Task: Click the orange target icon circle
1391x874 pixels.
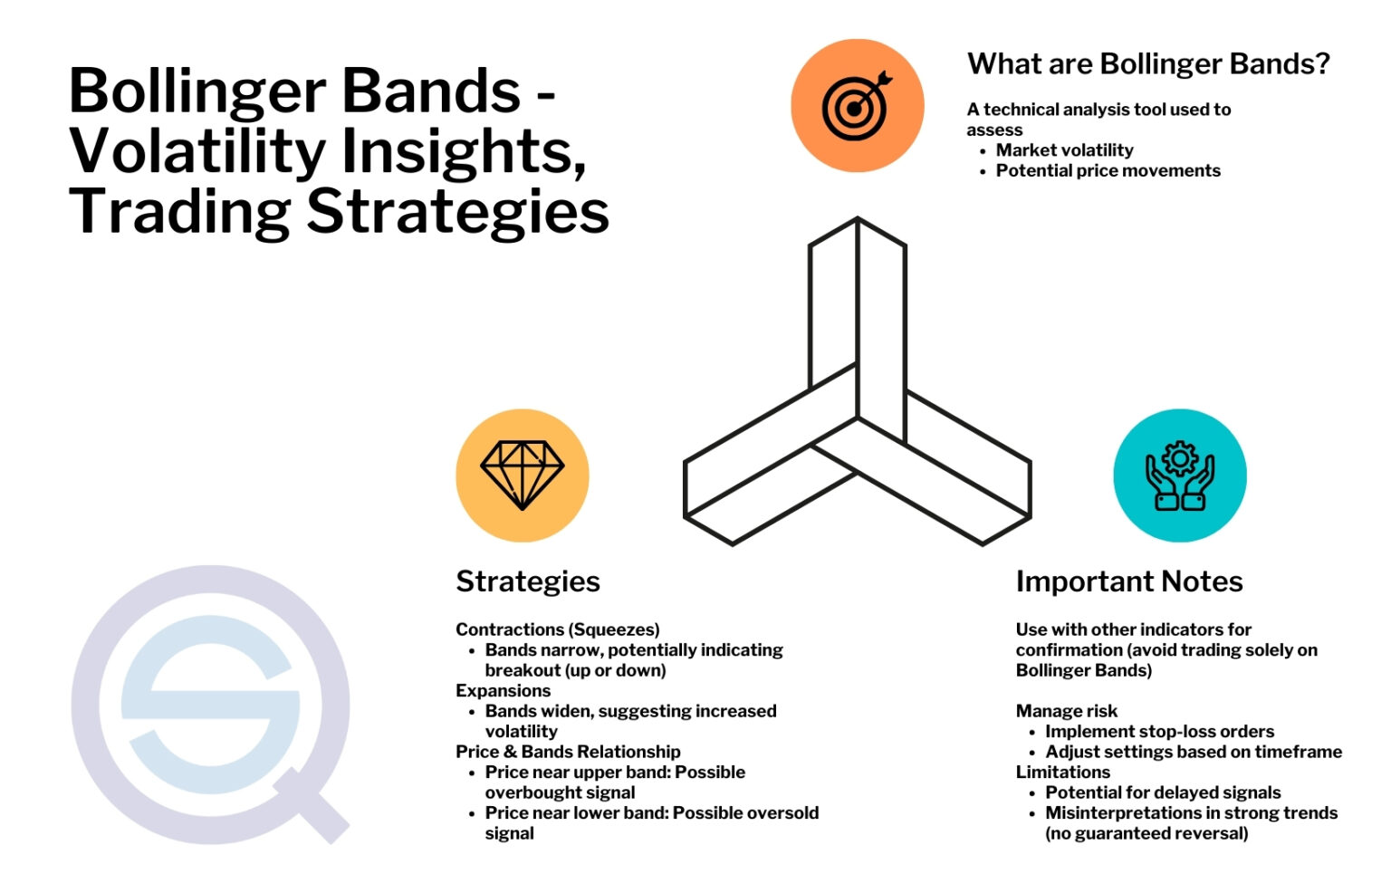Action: coord(857,106)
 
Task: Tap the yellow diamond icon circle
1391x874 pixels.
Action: coord(523,475)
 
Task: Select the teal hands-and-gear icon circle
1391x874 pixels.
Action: coord(1179,475)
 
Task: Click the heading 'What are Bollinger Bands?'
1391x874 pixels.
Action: coord(1148,64)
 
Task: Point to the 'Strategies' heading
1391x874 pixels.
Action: coord(528,581)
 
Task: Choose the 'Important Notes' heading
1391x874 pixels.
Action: coord(1129,581)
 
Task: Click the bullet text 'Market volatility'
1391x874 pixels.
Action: coord(1064,150)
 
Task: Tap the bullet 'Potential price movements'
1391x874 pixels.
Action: coord(1108,171)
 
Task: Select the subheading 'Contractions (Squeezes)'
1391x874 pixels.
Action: coord(557,629)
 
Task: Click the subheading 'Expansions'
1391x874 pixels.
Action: coord(503,691)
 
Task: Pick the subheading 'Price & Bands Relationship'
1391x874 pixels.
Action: coord(568,752)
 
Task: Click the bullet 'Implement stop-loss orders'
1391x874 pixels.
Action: coord(1159,732)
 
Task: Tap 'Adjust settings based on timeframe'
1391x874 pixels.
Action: coord(1194,752)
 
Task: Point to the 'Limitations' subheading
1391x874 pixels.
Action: coord(1062,773)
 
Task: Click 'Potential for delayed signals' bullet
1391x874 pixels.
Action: coord(1163,792)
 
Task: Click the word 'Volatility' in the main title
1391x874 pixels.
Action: coord(197,152)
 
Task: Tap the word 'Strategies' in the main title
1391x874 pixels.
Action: coord(457,212)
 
